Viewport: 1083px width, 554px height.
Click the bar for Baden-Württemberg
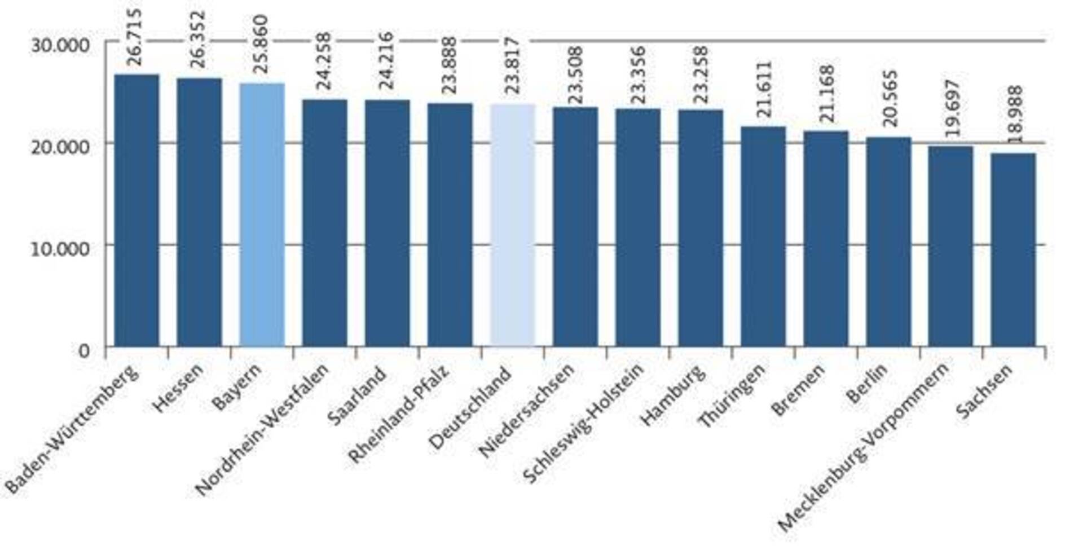tap(137, 210)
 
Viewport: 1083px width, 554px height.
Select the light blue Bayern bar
tap(262, 214)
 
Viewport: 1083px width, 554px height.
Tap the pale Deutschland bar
tap(512, 225)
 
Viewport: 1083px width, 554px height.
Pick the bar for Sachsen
tap(1013, 249)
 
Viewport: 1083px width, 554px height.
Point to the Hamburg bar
tap(700, 228)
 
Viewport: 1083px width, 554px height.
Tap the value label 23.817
tap(512, 65)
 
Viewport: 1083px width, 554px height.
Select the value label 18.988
tap(1015, 114)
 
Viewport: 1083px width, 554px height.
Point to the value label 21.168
tap(827, 94)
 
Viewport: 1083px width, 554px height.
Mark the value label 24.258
tap(324, 61)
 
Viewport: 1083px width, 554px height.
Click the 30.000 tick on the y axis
tap(60, 45)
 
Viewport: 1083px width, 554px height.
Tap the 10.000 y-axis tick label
tap(60, 248)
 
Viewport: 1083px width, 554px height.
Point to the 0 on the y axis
tap(84, 351)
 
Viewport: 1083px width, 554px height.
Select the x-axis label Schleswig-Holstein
tap(583, 423)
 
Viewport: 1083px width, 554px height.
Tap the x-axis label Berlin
tap(867, 384)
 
